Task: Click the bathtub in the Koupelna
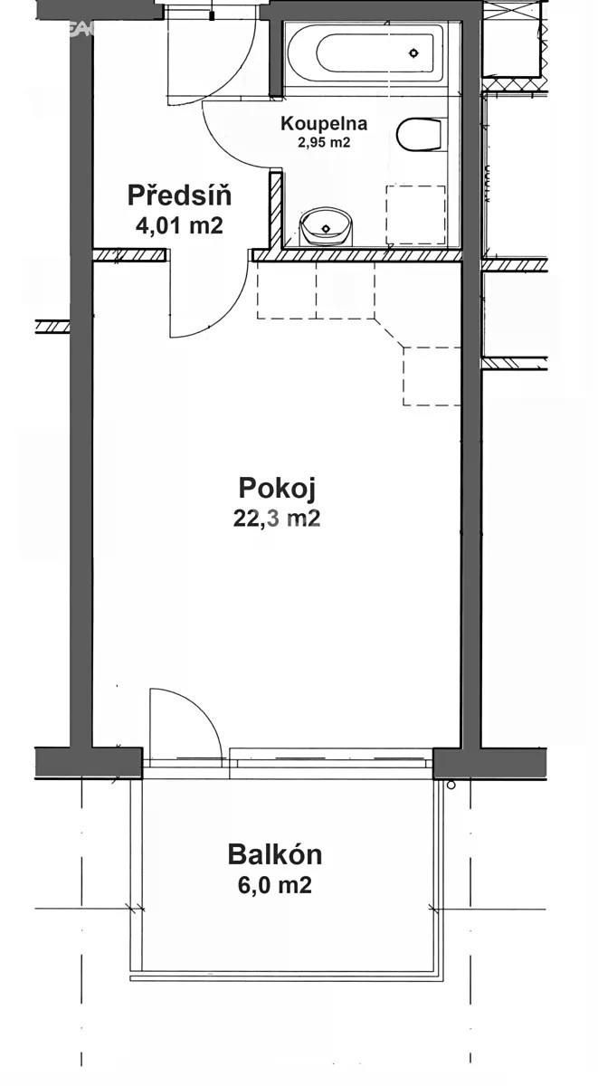click(x=365, y=52)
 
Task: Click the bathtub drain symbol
click(x=414, y=52)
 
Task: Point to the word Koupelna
click(x=324, y=123)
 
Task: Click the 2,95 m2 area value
click(x=324, y=141)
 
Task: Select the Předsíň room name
click(x=179, y=195)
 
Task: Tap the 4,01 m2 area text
click(x=179, y=224)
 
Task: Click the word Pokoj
click(x=276, y=489)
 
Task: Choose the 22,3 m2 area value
click(x=276, y=519)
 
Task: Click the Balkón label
click(x=275, y=854)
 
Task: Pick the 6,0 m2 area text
click(x=275, y=885)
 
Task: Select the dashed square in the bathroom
click(x=415, y=214)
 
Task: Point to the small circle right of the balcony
click(x=451, y=785)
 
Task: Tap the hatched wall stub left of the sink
click(x=276, y=210)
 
